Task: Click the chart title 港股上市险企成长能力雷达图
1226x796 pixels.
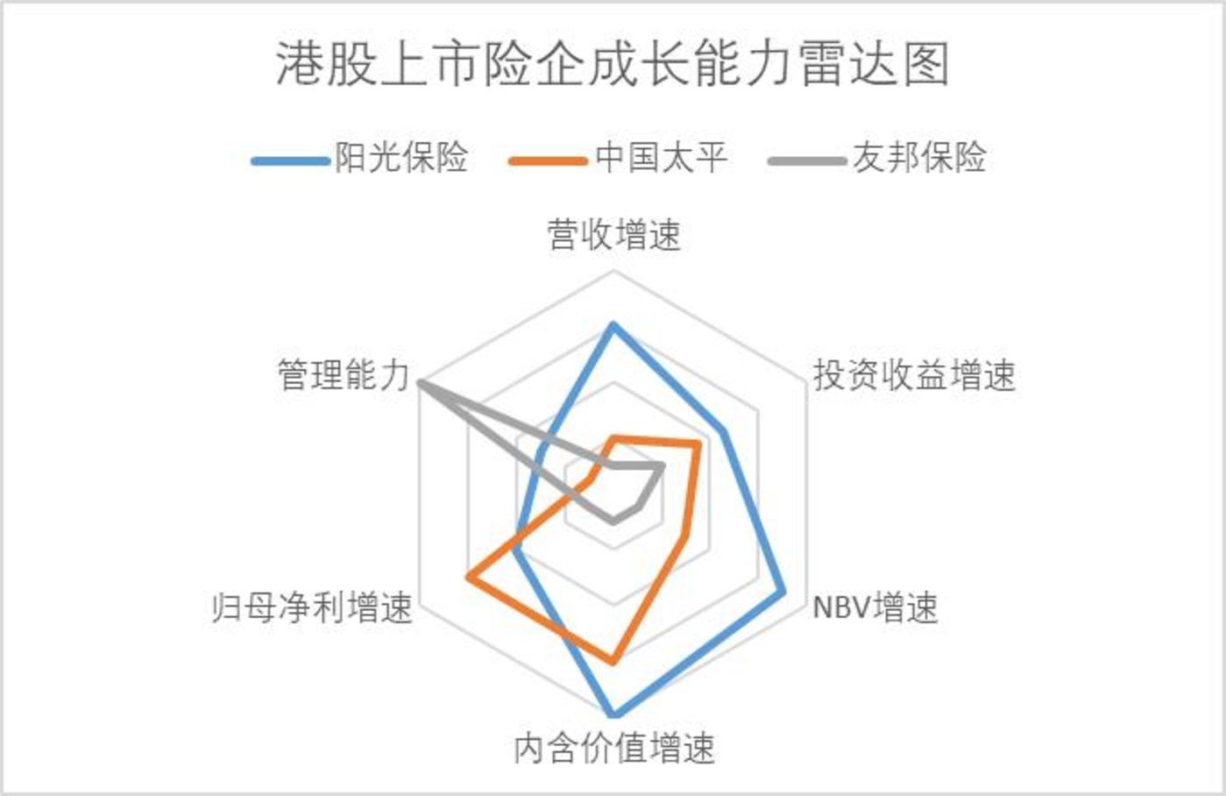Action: coord(613,65)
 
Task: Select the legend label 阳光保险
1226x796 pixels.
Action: coord(401,158)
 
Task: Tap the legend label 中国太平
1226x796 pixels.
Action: coord(662,158)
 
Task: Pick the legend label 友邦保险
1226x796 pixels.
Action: coord(919,158)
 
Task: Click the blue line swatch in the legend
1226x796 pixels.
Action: coord(290,161)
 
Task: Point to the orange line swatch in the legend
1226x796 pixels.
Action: coord(549,161)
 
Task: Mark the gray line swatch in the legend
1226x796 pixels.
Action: coord(807,161)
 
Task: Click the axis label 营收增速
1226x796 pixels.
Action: coord(614,236)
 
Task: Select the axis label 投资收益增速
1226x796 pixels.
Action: coord(914,375)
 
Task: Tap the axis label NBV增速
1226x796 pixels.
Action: coord(875,608)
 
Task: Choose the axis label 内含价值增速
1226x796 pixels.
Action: coord(614,748)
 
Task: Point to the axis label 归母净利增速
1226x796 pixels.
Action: coord(312,608)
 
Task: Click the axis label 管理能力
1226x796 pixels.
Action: coord(344,375)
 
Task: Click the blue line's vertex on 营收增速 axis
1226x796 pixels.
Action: coord(613,325)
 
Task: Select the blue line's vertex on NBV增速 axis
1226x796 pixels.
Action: coord(783,592)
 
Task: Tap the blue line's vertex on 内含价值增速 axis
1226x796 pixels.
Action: coord(613,714)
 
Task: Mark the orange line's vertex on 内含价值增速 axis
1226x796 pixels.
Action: coord(613,662)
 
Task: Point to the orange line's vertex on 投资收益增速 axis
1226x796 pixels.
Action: coord(698,444)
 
